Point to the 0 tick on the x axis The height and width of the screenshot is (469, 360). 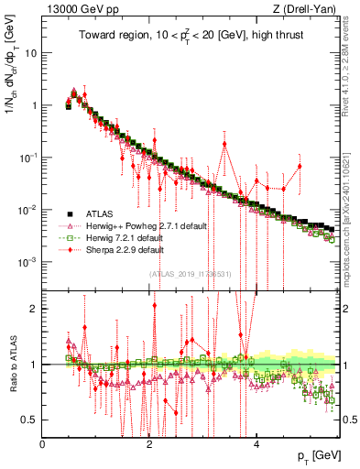pyautogui.click(x=43, y=443)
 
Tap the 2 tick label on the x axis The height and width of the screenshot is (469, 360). pyautogui.click(x=149, y=443)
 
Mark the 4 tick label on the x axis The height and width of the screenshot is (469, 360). pyautogui.click(x=256, y=443)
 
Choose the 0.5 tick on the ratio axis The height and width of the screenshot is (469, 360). pyautogui.click(x=29, y=420)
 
